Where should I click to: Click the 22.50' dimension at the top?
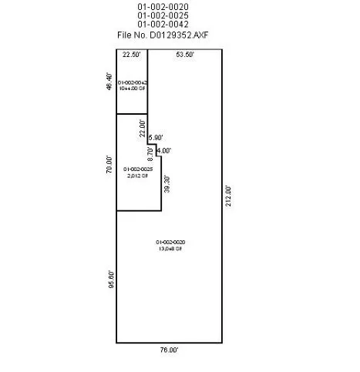131,55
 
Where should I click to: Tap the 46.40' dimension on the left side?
110,82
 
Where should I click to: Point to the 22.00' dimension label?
142,128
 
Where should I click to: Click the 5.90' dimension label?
155,138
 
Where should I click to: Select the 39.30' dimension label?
166,185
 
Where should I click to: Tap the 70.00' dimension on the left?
110,164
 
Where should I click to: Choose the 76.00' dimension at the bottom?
169,350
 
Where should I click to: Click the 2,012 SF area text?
137,175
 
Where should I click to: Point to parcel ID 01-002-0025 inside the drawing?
137,169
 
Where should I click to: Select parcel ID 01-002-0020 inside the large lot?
170,242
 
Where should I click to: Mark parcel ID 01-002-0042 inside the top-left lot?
132,82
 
